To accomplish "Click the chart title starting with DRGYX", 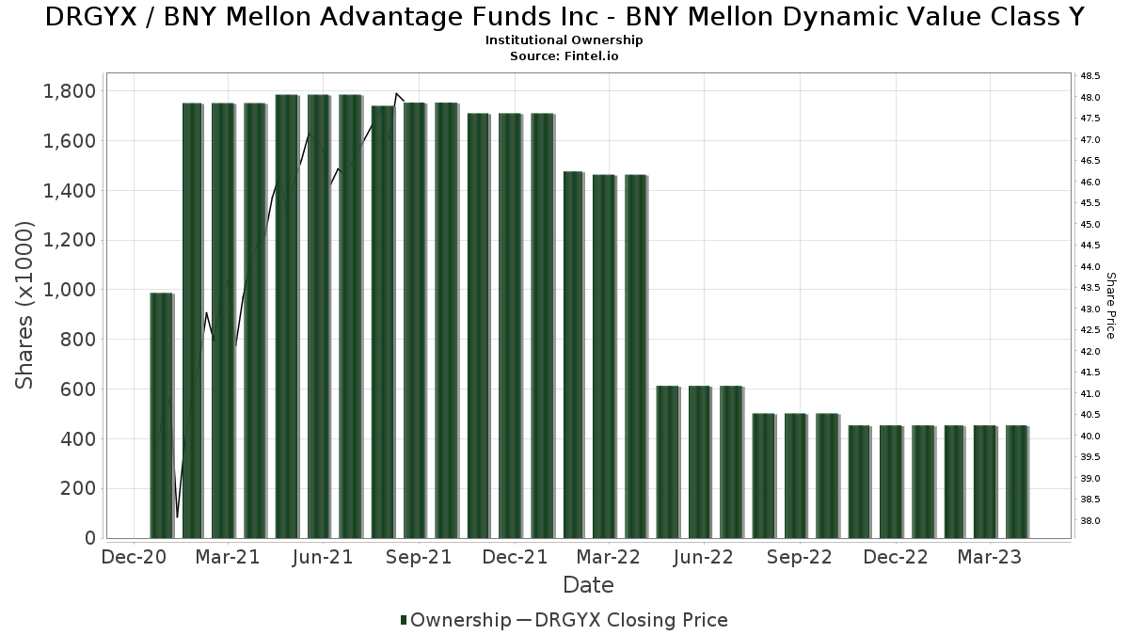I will point(564,17).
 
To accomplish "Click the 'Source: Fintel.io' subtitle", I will point(564,56).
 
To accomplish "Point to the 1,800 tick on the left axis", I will point(70,91).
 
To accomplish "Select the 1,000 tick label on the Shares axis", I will point(70,290).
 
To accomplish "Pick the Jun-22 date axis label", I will point(704,558).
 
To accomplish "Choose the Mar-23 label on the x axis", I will point(990,558).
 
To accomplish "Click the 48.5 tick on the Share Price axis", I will point(1091,76).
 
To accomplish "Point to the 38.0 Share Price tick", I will point(1091,521).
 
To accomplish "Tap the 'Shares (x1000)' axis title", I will point(25,305).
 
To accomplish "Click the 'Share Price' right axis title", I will point(1111,305).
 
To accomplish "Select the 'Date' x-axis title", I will point(588,585).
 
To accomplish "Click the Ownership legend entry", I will point(455,620).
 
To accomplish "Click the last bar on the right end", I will point(1016,482).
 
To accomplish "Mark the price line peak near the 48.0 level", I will point(397,94).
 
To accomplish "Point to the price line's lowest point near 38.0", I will point(177,516).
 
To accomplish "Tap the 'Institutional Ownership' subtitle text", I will point(564,40).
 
